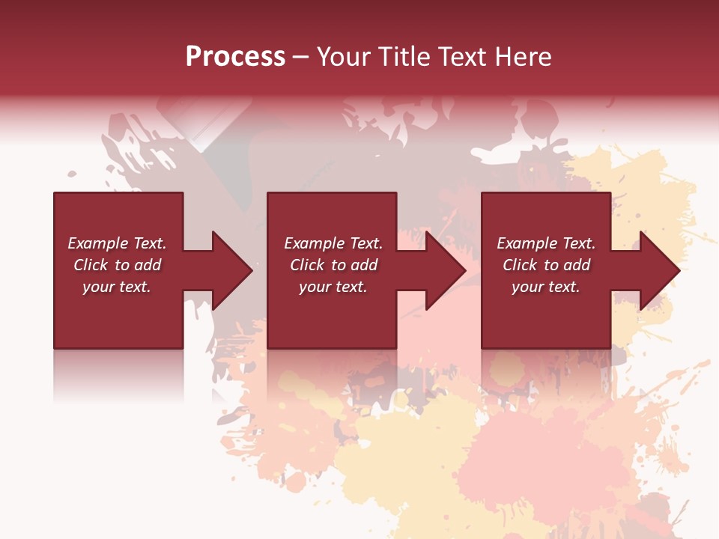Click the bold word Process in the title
(x=235, y=57)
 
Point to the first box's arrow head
(x=232, y=270)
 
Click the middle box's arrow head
(x=446, y=270)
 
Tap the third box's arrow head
(x=660, y=270)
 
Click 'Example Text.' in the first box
(x=117, y=243)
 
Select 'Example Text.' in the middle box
(x=333, y=243)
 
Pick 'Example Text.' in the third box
(x=546, y=243)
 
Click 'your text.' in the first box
(x=117, y=287)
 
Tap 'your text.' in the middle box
(x=333, y=287)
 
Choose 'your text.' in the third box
(x=546, y=287)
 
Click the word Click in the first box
(x=91, y=265)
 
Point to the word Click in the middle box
(x=307, y=265)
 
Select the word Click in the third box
(x=520, y=265)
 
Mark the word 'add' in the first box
(x=148, y=265)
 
